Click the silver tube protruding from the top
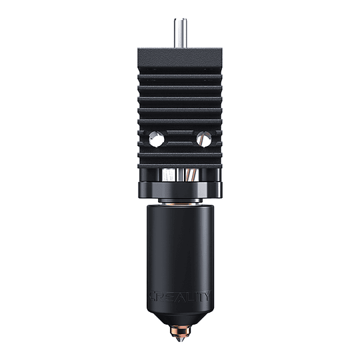coord(180,32)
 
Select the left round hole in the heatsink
coord(156,139)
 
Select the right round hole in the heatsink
coord(203,139)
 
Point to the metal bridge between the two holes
coord(180,139)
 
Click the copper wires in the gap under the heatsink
coord(191,175)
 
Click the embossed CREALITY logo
coord(180,295)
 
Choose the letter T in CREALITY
coord(202,295)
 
